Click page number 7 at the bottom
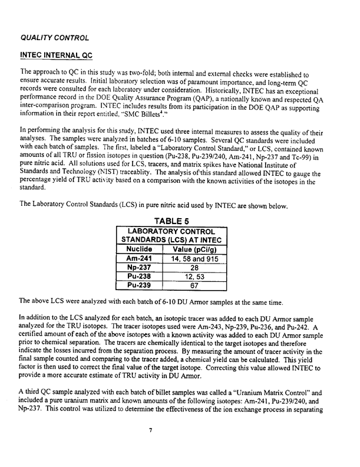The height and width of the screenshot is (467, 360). [151, 446]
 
